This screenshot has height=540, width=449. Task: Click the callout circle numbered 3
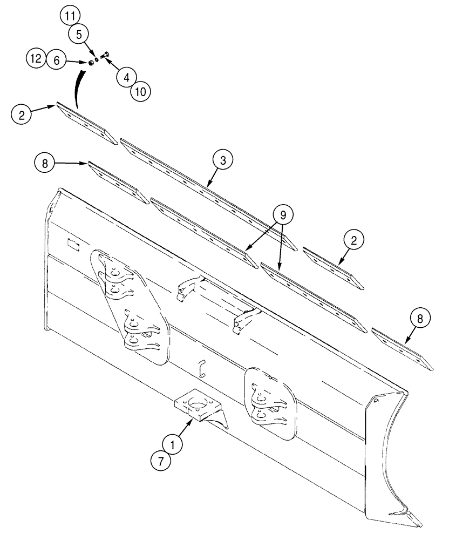click(x=222, y=160)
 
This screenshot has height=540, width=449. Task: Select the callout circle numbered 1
click(x=174, y=446)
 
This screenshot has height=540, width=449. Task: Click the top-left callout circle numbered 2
click(x=21, y=114)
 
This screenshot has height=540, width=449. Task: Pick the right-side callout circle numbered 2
click(x=354, y=241)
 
